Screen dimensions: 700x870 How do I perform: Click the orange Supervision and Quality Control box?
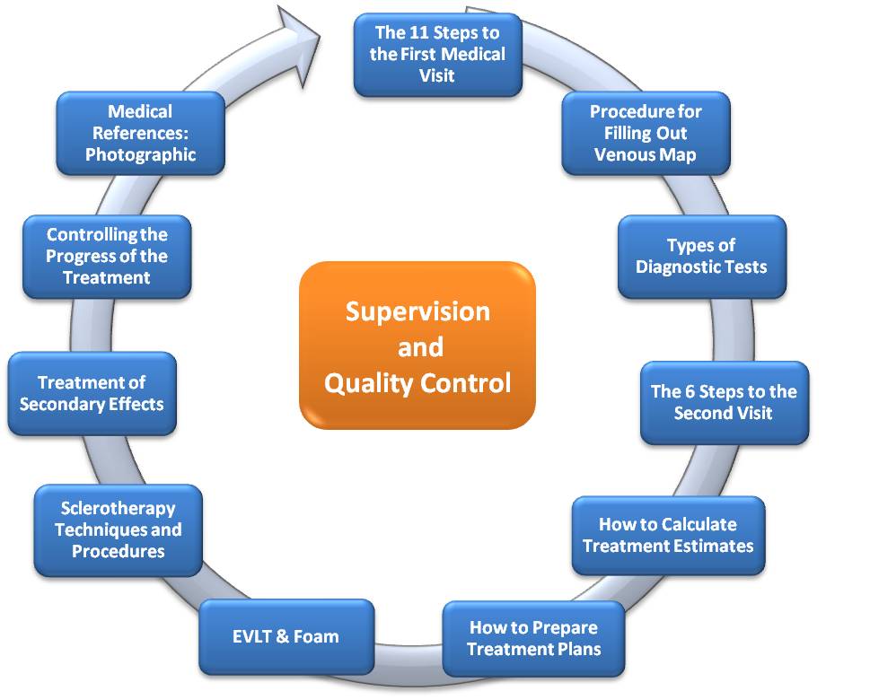[x=417, y=346]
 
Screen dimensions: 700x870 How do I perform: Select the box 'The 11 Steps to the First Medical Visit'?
[x=437, y=55]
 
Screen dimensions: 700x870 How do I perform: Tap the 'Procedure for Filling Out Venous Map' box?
[x=646, y=133]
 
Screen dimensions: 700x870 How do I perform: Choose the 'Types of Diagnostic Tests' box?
[x=701, y=257]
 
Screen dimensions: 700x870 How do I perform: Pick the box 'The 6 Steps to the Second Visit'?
[x=724, y=402]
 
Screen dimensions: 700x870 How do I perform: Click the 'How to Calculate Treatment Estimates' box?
[x=668, y=535]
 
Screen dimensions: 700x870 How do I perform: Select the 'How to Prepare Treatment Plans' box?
[x=533, y=637]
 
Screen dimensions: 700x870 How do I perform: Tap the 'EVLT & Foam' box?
[x=286, y=636]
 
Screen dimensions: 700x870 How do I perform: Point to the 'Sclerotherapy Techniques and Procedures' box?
[x=118, y=530]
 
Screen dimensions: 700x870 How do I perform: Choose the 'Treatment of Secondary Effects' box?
[x=92, y=393]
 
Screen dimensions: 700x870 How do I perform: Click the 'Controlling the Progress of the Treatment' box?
[x=107, y=257]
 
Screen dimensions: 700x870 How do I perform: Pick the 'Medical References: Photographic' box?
[x=140, y=133]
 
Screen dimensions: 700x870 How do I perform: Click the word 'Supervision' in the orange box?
[x=417, y=311]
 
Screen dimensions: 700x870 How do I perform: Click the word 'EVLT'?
[x=258, y=637]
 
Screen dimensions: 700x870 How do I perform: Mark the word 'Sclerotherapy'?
[x=118, y=509]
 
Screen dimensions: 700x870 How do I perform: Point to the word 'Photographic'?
[x=140, y=154]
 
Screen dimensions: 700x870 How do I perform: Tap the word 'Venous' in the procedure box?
[x=620, y=154]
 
